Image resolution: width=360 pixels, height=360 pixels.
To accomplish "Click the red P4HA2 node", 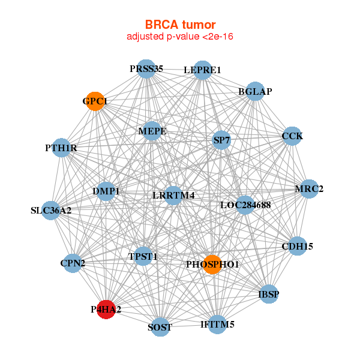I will coord(106,310).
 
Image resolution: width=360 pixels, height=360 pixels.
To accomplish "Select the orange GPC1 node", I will coord(95,101).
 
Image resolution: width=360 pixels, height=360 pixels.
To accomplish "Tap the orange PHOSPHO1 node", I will coord(212,264).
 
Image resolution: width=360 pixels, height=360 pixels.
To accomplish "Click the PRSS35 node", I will coord(146,69).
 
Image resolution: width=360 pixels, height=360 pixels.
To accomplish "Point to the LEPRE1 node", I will coord(203,70).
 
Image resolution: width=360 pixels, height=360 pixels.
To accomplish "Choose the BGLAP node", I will coord(256,92).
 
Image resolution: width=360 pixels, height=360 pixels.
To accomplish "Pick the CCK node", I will coord(292,136).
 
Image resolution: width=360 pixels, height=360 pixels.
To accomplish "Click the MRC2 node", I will coord(309,189).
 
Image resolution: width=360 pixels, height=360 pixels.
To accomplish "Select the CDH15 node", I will coord(298,246).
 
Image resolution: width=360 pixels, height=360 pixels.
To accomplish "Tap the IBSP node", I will coord(268,294).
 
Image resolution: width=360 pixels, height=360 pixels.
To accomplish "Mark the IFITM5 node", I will coord(217,325).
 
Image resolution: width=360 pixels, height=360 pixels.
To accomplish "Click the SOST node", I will coord(160,327).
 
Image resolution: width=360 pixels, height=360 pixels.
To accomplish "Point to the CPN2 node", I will coord(73,263).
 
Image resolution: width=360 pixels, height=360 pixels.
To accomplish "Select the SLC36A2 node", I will coord(51,211).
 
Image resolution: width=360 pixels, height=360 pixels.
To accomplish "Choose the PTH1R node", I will coord(62,148).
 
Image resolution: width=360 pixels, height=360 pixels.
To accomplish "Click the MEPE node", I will coord(152,131).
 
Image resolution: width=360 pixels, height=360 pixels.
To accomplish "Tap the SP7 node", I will coord(222,140).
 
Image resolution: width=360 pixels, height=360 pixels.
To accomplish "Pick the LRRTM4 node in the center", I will coord(173,195).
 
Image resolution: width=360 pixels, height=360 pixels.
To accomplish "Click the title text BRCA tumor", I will coord(180,25).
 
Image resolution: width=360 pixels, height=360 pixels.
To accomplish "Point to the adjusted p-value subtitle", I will coord(180,37).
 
